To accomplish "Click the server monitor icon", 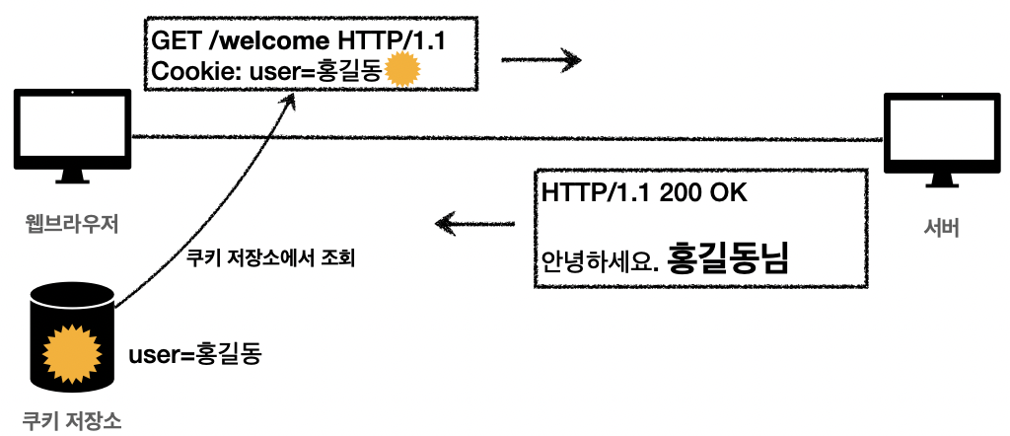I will [x=932, y=139].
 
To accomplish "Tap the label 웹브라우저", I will [x=71, y=225].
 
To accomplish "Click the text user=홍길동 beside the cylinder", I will [x=195, y=353].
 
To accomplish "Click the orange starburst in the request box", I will [x=402, y=72].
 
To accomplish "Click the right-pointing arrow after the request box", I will [x=541, y=60].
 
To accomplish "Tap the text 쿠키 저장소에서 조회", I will [x=270, y=260].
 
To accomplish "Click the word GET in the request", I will [x=173, y=41].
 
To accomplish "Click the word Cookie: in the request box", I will [x=188, y=72].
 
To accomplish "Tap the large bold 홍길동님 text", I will [x=729, y=258].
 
